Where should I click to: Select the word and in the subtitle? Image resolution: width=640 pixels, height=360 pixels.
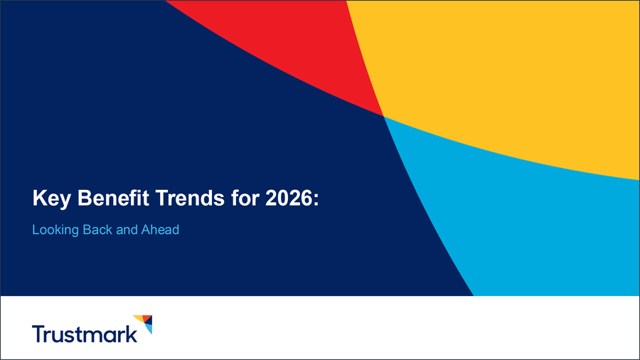127,231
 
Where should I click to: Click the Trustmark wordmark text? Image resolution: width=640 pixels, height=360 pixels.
85,334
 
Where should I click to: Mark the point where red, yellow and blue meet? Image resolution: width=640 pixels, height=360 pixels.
383,116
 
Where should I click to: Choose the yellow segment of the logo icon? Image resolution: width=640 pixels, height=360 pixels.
138,318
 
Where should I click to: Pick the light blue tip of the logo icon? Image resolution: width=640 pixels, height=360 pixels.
149,329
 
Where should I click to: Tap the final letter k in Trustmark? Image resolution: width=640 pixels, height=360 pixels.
132,333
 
